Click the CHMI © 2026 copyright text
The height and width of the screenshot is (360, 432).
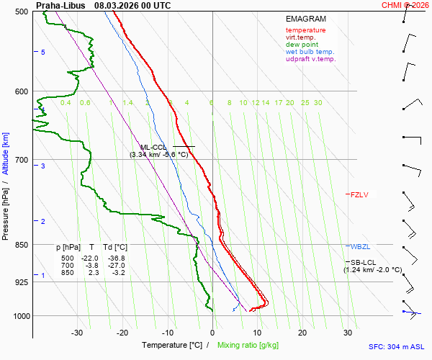coord(405,5)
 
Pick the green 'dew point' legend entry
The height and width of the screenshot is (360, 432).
coord(302,45)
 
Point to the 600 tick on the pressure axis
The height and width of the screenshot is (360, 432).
coord(21,91)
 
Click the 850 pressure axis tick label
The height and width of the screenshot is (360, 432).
coord(21,245)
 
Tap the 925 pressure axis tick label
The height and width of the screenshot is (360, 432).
coord(21,282)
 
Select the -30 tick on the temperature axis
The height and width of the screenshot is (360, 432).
coord(78,333)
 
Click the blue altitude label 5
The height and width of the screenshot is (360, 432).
coord(42,53)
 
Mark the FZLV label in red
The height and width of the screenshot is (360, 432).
coord(359,194)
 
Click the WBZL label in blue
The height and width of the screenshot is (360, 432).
coord(360,247)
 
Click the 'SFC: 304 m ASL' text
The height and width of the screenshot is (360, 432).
coord(397,346)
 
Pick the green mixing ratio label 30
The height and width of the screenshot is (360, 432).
coord(318,103)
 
